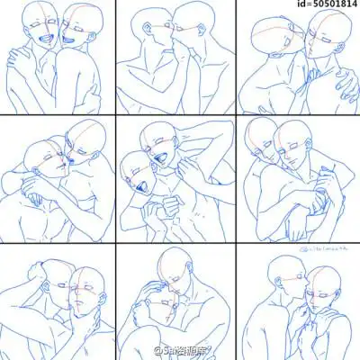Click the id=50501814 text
[x=320, y=5]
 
